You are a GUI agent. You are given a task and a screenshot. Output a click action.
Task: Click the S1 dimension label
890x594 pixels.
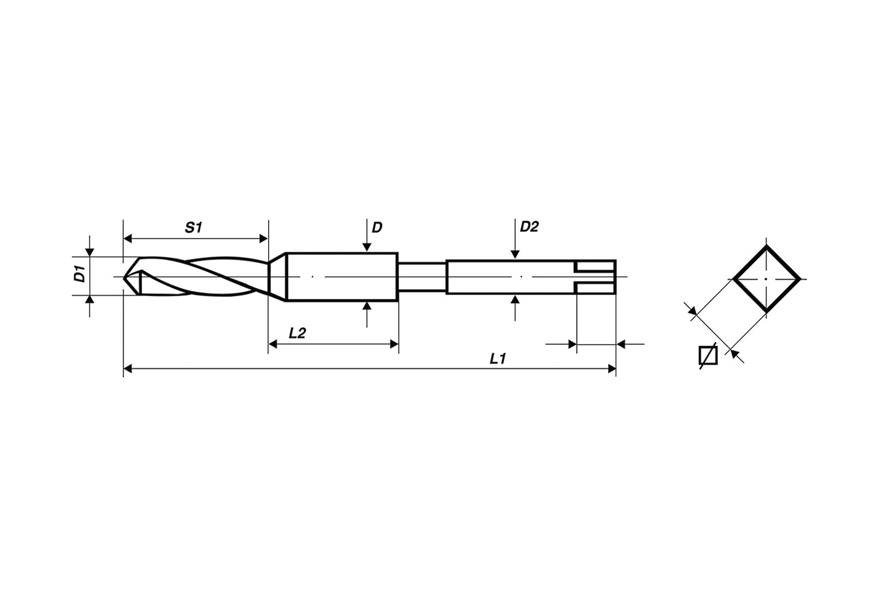pyautogui.click(x=193, y=227)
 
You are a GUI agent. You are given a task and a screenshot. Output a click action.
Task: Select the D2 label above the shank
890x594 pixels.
pyautogui.click(x=529, y=226)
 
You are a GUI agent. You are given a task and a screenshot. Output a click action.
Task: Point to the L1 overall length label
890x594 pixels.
pyautogui.click(x=497, y=359)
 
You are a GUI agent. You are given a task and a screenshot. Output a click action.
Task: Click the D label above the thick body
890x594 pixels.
pyautogui.click(x=377, y=227)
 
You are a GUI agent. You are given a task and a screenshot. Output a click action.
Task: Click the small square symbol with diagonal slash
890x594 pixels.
pyautogui.click(x=708, y=355)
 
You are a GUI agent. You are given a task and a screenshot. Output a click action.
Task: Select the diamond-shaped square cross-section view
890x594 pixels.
pyautogui.click(x=766, y=279)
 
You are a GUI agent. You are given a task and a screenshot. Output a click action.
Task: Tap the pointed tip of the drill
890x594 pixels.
pyautogui.click(x=125, y=277)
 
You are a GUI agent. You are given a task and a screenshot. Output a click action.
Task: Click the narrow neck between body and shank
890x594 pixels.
pyautogui.click(x=421, y=277)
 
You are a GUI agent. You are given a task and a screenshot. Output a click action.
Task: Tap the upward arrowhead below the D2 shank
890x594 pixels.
pyautogui.click(x=515, y=299)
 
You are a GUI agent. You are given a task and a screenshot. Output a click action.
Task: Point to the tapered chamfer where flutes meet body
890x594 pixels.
pyautogui.click(x=277, y=277)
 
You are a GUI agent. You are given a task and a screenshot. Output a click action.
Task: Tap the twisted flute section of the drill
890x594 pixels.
pyautogui.click(x=202, y=277)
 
